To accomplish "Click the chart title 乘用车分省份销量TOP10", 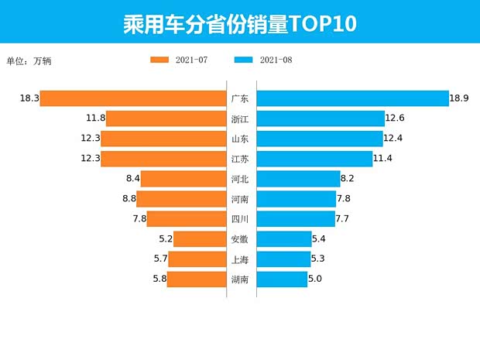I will tap(239, 23).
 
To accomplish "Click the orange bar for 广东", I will tap(132, 98).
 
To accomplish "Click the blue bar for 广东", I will tap(352, 98).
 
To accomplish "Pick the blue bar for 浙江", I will tap(321, 118).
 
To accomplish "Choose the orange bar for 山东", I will tap(163, 139).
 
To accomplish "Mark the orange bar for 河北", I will tap(183, 179).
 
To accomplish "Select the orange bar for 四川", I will tap(186, 219).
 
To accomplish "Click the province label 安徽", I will tap(240, 239).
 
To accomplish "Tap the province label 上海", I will tap(240, 259).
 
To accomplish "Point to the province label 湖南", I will tap(240, 279).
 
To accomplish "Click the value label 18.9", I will tap(460, 98).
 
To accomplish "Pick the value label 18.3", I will tap(29, 98).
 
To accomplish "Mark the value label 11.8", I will tap(95, 118).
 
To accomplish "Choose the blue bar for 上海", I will tap(283, 259).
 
